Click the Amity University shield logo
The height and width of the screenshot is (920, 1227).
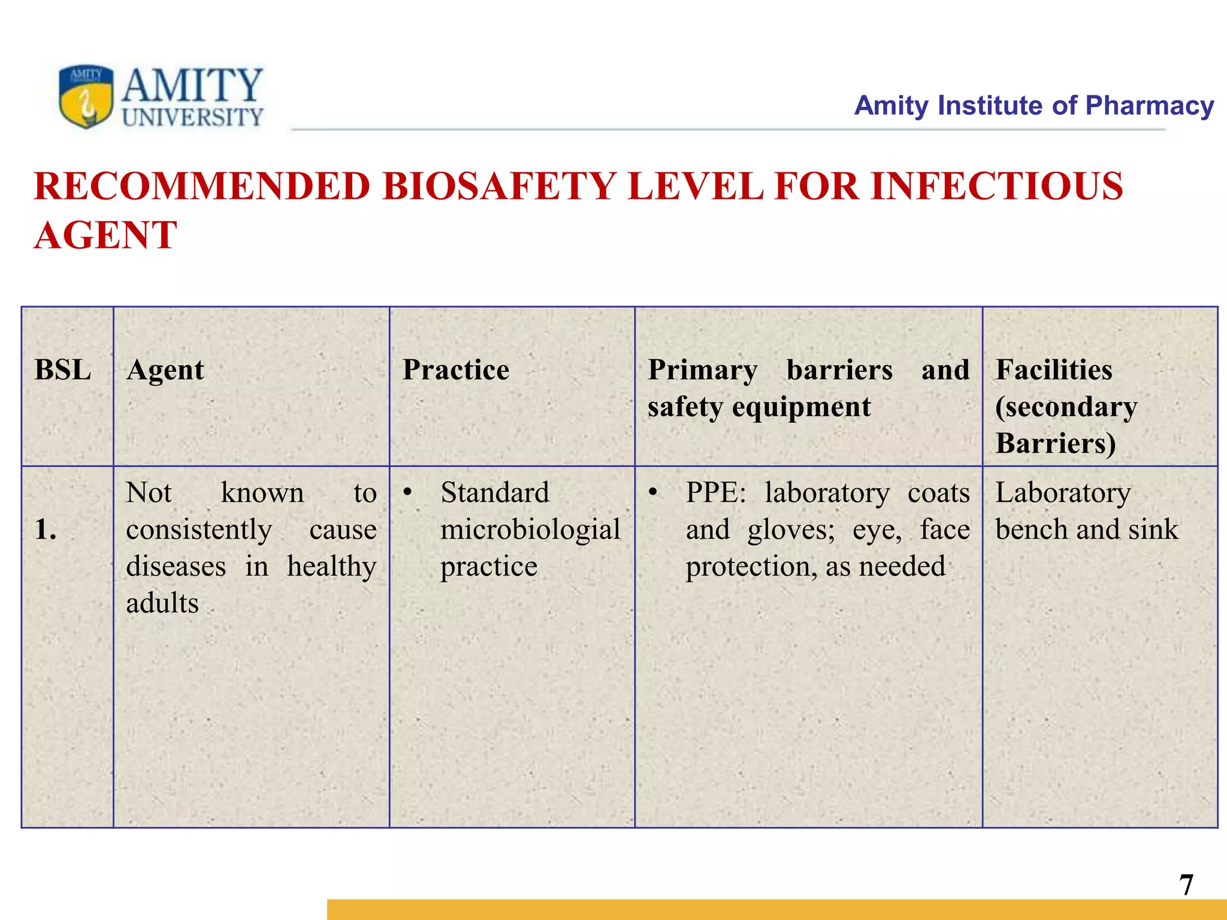(86, 96)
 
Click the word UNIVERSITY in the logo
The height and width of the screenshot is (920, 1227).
(192, 117)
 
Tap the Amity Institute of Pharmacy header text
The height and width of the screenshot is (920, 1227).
(1033, 105)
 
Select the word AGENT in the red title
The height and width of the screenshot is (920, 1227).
(105, 235)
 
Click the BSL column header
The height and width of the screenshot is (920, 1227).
(63, 370)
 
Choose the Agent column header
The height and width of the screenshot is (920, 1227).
(165, 370)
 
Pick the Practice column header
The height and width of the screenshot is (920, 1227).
(455, 370)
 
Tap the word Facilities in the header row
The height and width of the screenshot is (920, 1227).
(1054, 370)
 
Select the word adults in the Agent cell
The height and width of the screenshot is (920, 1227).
(162, 603)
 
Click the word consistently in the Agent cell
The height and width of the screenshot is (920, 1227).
(199, 529)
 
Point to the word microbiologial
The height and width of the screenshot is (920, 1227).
(530, 529)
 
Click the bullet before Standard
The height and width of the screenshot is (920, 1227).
(408, 492)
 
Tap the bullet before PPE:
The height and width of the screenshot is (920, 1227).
(654, 492)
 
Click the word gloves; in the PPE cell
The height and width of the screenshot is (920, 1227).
(791, 529)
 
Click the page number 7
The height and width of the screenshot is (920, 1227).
(1186, 885)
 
